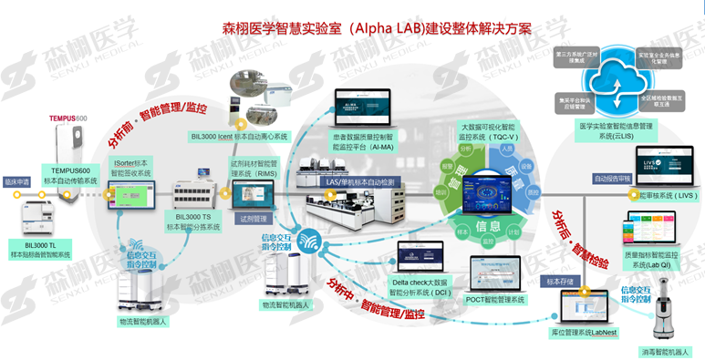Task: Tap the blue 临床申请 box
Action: pyautogui.click(x=19, y=180)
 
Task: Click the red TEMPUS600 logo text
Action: pyautogui.click(x=68, y=119)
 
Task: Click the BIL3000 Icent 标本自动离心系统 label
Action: pyautogui.click(x=240, y=137)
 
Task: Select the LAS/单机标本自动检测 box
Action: pyautogui.click(x=359, y=182)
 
